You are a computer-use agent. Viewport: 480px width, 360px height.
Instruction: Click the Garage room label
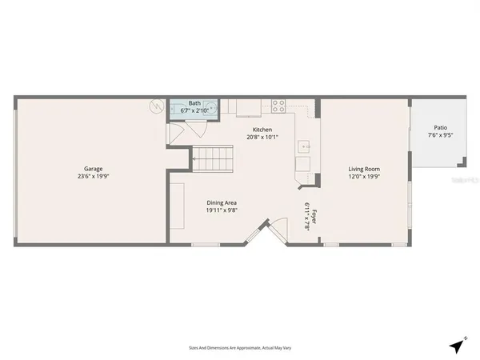(x=93, y=169)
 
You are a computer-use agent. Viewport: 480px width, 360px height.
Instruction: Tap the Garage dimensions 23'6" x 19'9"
(x=93, y=177)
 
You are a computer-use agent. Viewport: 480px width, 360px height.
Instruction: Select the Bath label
(x=194, y=103)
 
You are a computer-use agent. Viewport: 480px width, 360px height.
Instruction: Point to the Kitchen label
(x=262, y=130)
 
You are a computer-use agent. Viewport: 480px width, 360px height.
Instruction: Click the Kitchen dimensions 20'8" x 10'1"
(x=262, y=137)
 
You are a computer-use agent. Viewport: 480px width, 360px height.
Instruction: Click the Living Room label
(x=364, y=169)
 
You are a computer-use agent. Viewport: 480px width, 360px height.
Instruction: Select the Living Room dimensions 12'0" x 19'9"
(x=364, y=177)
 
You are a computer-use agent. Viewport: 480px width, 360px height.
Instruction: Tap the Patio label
(x=440, y=127)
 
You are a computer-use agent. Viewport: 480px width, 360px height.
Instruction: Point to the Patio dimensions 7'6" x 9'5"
(x=440, y=135)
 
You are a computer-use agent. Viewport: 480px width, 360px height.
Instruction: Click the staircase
(x=211, y=160)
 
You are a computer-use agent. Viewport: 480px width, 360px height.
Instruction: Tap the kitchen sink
(x=305, y=146)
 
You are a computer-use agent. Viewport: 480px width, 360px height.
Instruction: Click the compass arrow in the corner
(x=457, y=346)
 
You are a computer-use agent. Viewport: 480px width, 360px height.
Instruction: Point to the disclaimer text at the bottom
(x=240, y=348)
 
